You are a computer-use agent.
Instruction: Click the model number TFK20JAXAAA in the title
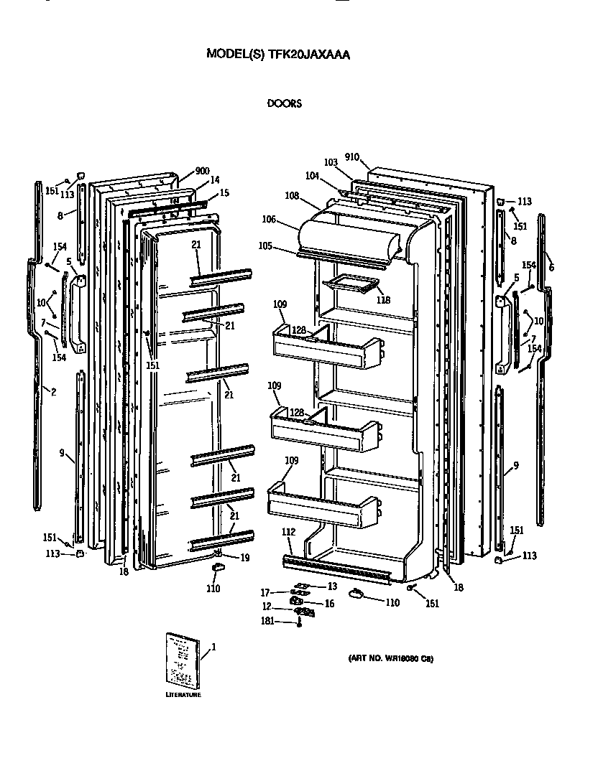pos(308,54)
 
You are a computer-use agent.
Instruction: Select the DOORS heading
pos(285,103)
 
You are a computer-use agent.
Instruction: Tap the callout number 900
pos(202,172)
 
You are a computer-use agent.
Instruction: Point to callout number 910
pos(351,157)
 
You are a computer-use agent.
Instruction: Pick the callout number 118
pos(384,299)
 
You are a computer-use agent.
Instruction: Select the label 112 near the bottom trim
pos(288,532)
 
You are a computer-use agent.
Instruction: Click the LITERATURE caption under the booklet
pos(183,695)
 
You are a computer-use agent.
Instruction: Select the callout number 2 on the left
pos(53,391)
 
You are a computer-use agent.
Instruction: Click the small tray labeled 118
pos(350,285)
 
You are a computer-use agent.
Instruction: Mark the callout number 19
pos(246,557)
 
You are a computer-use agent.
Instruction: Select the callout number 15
pos(224,193)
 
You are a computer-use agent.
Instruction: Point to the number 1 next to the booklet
pos(213,647)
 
